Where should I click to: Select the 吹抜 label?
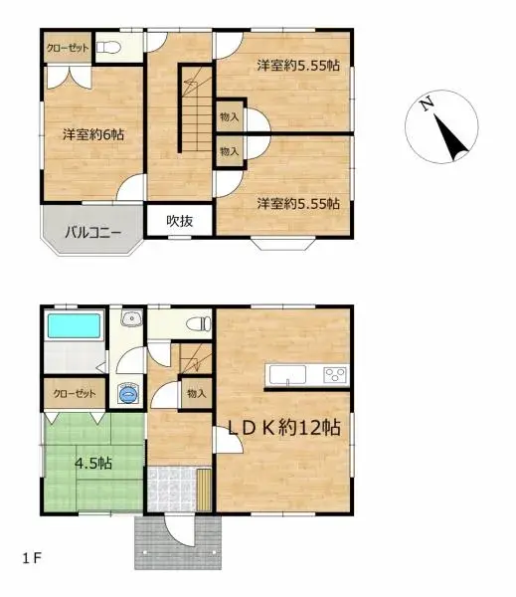coord(179,221)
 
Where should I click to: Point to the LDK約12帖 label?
coord(284,428)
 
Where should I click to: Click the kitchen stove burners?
coord(334,375)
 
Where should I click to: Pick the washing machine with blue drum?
coord(126,394)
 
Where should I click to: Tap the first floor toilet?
coord(199,322)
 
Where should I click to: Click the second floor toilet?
coord(109,48)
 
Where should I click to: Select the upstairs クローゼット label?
coord(67,48)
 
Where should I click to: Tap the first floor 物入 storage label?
coord(196,393)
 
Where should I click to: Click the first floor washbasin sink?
coord(129,320)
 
